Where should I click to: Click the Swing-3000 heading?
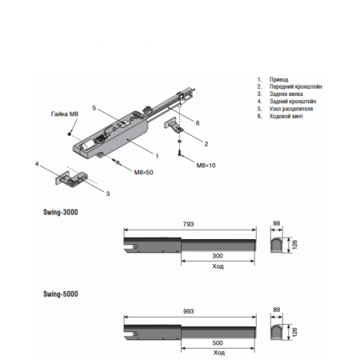(x=61, y=212)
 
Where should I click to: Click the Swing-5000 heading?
(x=61, y=294)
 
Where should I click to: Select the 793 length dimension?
(x=188, y=224)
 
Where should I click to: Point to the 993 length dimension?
(x=188, y=311)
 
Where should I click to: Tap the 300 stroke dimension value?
(x=218, y=256)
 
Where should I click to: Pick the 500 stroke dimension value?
(x=218, y=343)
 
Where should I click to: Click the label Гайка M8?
(x=65, y=114)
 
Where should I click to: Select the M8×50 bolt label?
(x=143, y=172)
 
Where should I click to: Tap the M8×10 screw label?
(x=206, y=166)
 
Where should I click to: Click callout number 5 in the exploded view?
(x=94, y=108)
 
